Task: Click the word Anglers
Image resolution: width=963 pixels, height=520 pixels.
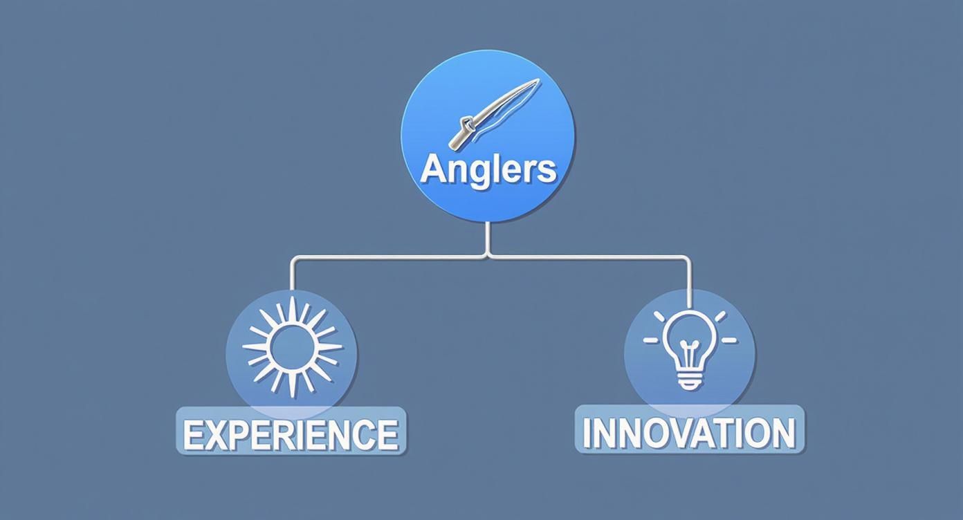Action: coord(488,169)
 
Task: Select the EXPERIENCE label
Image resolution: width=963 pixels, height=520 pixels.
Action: coord(291,434)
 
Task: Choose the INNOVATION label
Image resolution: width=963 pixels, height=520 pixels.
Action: coord(689,432)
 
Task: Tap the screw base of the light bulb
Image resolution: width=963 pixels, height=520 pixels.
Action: coord(689,378)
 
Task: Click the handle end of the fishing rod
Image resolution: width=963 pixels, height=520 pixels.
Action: coord(457,142)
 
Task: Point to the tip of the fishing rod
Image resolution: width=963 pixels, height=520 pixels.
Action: coord(537,82)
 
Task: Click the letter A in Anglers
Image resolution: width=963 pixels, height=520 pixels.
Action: coord(433,169)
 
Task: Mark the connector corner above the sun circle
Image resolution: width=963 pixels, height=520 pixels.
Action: coord(293,259)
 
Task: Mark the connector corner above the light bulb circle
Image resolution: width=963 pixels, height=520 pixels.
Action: coord(688,259)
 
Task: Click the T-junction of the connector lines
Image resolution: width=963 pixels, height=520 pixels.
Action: coord(488,257)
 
